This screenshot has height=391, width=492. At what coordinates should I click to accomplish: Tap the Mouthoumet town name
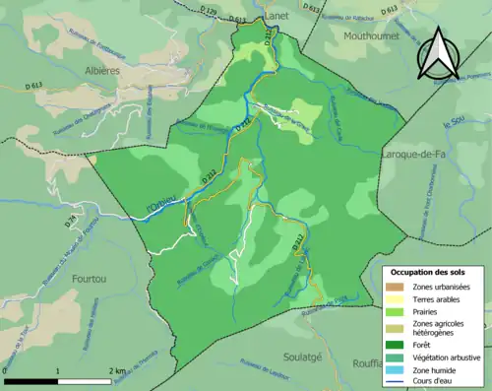(x=370, y=35)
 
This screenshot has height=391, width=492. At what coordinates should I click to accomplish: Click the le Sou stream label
(x=453, y=125)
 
